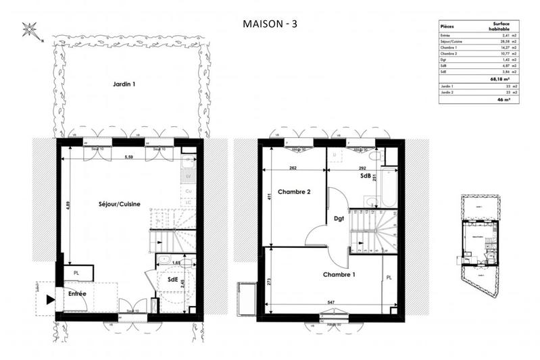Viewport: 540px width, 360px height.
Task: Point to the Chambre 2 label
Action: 294,192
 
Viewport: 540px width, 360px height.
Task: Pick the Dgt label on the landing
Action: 339,218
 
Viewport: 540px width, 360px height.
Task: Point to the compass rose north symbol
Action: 30,29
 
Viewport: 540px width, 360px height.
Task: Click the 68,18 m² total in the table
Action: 499,78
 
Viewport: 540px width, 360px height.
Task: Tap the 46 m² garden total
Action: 504,99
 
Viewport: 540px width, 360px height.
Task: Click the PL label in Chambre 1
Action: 388,278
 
